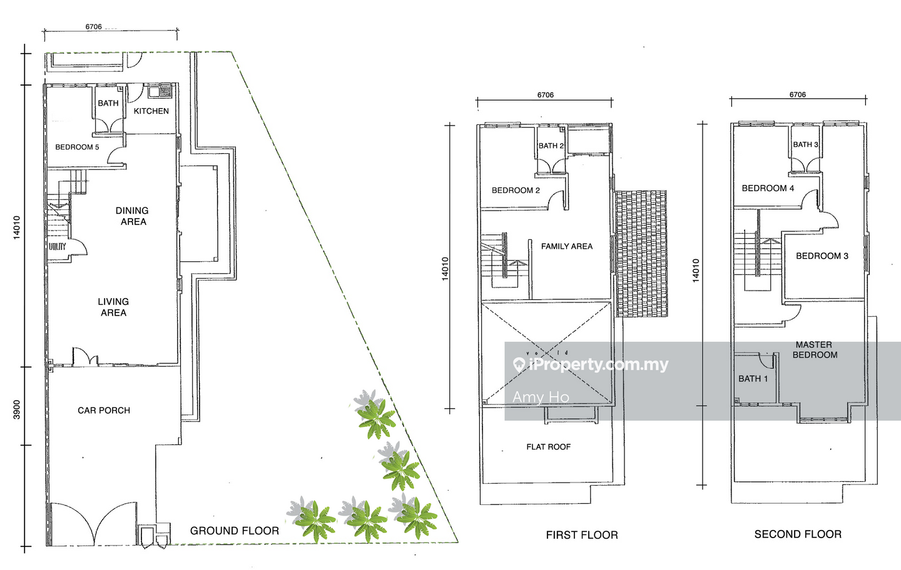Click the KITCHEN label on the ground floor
click(151, 111)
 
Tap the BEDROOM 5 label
click(77, 147)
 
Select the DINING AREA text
click(133, 216)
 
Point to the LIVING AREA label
click(113, 307)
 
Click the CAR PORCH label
click(104, 411)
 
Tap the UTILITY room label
click(57, 246)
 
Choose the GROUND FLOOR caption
click(235, 531)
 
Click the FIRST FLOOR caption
click(582, 535)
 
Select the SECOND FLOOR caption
click(798, 534)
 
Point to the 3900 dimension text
click(16, 410)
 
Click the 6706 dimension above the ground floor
click(93, 27)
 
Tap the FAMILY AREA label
click(567, 246)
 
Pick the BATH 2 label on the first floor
click(551, 146)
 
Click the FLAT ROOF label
click(549, 447)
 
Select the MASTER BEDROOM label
click(815, 350)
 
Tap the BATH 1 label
click(753, 379)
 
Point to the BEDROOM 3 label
click(822, 256)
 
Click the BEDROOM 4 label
click(768, 188)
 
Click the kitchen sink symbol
click(155, 92)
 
